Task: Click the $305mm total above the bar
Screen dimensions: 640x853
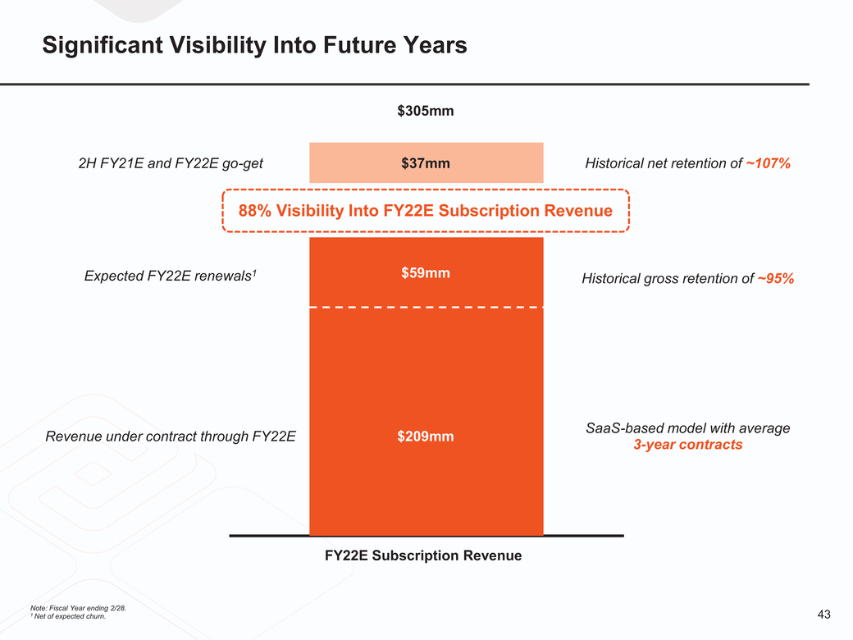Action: tap(426, 111)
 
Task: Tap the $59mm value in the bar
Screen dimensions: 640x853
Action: tap(426, 272)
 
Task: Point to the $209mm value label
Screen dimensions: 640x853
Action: tap(426, 436)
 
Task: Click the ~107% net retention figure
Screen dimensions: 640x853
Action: tap(769, 163)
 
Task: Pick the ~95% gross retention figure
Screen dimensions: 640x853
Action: tap(775, 278)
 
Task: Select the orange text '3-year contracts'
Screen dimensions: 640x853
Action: tap(687, 445)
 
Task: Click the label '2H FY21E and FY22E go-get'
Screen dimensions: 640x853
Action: tap(171, 163)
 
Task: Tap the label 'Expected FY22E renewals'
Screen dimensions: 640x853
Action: tap(172, 277)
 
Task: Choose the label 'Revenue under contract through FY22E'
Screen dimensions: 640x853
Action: tap(171, 436)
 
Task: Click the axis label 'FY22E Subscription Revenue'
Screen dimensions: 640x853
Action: tap(423, 555)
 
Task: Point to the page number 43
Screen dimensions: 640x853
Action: tap(824, 615)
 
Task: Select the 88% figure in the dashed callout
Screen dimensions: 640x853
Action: tap(255, 211)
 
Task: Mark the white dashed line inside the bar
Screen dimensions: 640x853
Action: tap(426, 308)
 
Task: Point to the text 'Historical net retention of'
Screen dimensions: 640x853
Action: tap(663, 163)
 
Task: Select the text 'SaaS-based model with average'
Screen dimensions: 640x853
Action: tap(687, 427)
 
